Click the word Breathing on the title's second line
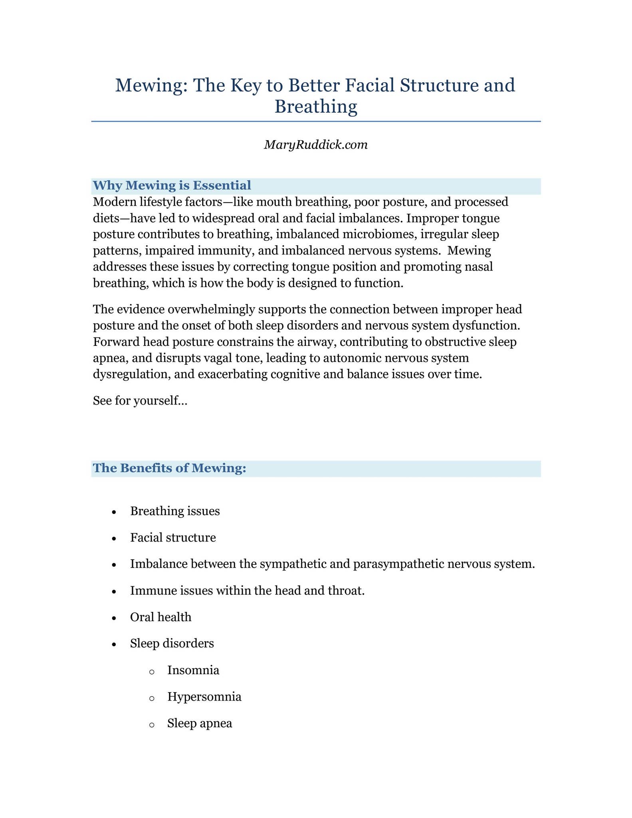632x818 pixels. [316, 107]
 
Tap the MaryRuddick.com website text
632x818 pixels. [316, 145]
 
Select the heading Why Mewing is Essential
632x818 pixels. [172, 185]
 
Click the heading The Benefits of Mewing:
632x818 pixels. [169, 468]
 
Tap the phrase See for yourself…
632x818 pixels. [140, 400]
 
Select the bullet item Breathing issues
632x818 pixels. [175, 511]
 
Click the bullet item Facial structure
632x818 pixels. [173, 538]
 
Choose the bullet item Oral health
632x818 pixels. [160, 617]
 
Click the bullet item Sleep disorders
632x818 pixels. [172, 643]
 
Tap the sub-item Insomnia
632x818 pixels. [193, 670]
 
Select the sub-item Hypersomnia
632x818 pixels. [204, 697]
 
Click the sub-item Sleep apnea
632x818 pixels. [200, 723]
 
